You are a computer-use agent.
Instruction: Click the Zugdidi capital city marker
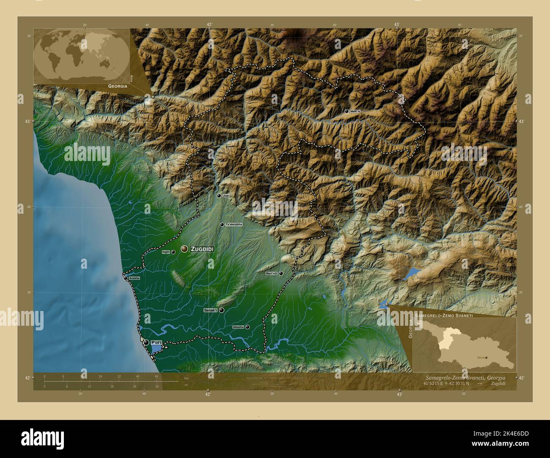pos(184,249)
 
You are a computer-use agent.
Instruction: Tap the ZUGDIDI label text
pos(202,249)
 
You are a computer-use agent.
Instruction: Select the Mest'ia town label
pos(356,111)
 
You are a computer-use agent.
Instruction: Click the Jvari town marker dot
pos(219,196)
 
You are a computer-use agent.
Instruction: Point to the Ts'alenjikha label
pos(234,224)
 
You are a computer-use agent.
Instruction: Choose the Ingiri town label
pos(166,252)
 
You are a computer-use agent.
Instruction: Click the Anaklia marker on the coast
pos(126,278)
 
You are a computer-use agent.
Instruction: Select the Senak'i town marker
pos(221,310)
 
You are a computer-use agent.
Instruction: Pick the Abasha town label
pos(238,327)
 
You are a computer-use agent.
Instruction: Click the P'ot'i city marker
pos(146,342)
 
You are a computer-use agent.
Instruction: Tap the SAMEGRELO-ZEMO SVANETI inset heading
pos(444,316)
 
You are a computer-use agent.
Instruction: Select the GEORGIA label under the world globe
pos(118,86)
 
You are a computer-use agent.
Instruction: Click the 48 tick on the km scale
pos(157,376)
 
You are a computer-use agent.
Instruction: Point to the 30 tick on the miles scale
pos(157,386)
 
